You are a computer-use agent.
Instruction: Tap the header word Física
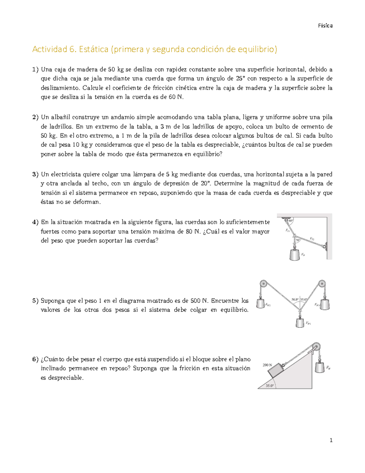tap(325, 26)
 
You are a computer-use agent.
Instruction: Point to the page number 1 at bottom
tap(331, 440)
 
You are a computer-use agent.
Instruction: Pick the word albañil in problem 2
tap(60, 117)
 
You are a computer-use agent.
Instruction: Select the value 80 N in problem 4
tap(192, 231)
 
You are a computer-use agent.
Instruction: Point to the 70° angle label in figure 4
tap(297, 240)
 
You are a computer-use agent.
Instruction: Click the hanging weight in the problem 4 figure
tap(294, 254)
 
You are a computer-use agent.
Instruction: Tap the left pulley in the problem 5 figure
tap(263, 284)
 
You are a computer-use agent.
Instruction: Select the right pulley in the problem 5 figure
tap(322, 284)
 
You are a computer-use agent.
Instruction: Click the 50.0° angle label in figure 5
tap(295, 299)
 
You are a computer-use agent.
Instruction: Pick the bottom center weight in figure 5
tap(300, 322)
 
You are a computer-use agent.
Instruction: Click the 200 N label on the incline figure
tap(267, 365)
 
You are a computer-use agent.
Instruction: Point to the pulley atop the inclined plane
tap(316, 347)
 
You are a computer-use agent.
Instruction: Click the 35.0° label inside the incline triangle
tap(270, 386)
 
